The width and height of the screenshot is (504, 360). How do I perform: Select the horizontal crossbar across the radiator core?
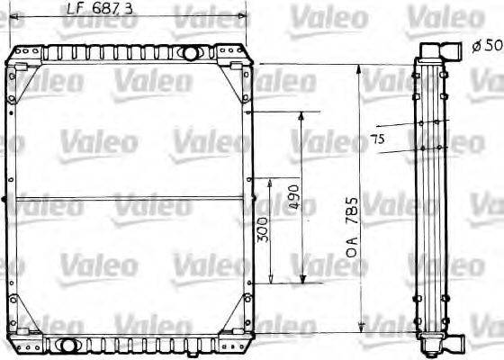point(130,198)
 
